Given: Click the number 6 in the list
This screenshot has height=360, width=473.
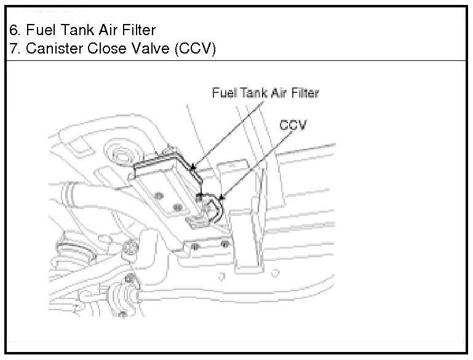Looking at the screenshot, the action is pyautogui.click(x=13, y=30).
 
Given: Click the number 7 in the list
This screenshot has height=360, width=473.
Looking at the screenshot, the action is pyautogui.click(x=13, y=49).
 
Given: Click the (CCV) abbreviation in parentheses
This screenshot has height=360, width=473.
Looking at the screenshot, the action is pyautogui.click(x=196, y=49).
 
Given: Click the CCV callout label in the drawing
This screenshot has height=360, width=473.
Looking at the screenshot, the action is pyautogui.click(x=294, y=124).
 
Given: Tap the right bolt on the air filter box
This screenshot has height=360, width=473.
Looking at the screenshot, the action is pyautogui.click(x=178, y=207).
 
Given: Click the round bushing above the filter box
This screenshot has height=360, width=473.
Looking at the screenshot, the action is pyautogui.click(x=119, y=153).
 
